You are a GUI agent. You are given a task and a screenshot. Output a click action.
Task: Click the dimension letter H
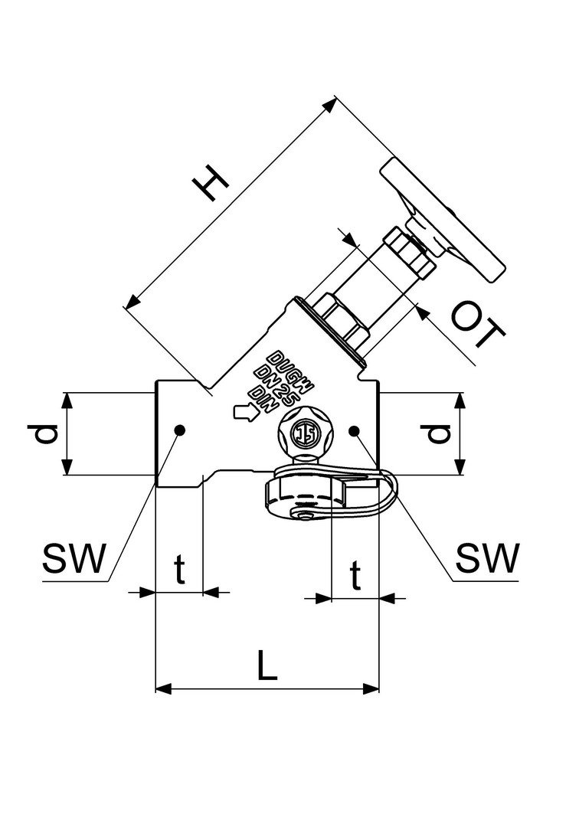point(211,183)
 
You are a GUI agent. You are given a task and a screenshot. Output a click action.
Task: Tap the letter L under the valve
point(267,665)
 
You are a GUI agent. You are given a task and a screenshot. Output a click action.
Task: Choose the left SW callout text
point(74,558)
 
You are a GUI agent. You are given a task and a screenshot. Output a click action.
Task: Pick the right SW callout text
point(488,558)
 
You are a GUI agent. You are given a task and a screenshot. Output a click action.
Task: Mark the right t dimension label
point(355,575)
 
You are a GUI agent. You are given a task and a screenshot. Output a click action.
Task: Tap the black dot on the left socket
point(180,430)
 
